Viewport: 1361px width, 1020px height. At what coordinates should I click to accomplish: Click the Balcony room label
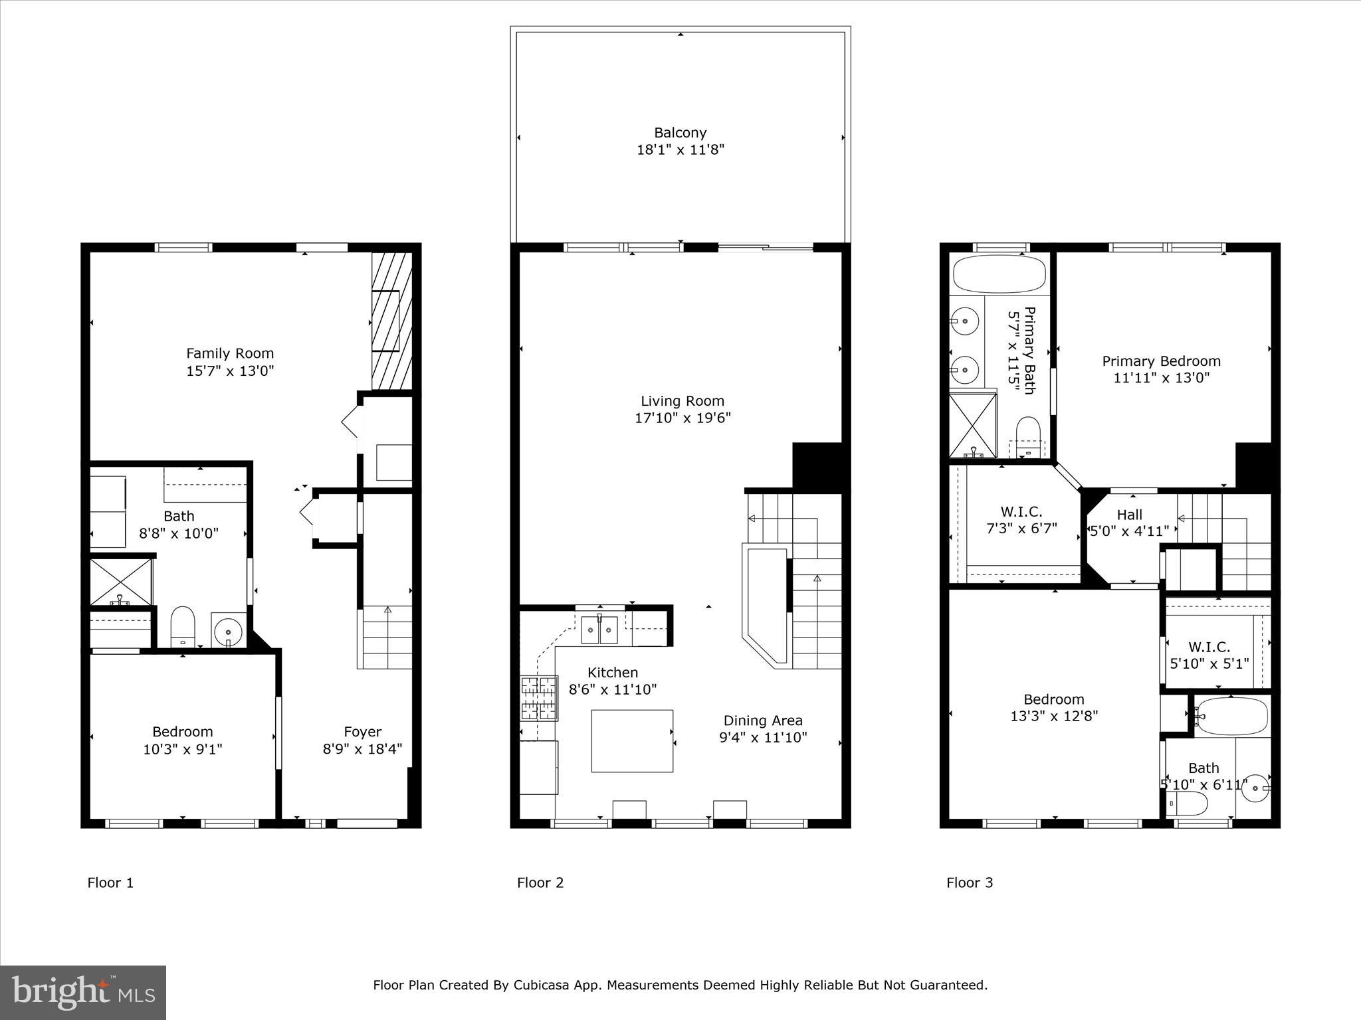tap(680, 133)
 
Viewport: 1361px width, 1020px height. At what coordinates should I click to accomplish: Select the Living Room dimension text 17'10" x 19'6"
tap(682, 418)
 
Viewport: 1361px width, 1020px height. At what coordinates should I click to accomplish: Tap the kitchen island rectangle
tap(632, 740)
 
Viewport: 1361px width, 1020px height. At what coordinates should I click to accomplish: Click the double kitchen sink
tap(599, 630)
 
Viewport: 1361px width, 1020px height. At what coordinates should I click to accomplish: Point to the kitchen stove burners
tap(539, 698)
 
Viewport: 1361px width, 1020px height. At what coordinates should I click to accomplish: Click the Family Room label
tap(230, 353)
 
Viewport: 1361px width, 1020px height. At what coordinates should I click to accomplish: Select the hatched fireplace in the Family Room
tap(391, 321)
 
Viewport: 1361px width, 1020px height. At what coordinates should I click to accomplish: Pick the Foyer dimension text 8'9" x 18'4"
tap(362, 749)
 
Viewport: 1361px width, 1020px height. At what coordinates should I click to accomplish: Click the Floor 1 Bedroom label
tap(183, 732)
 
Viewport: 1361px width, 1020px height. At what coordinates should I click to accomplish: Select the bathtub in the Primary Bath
tap(999, 274)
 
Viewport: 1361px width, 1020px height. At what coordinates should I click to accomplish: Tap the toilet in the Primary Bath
tap(1028, 435)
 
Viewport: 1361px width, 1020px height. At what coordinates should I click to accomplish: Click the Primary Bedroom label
tap(1161, 361)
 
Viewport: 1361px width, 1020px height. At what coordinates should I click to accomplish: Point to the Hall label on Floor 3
tap(1129, 515)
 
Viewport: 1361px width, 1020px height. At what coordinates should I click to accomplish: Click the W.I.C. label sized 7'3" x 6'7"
tap(1021, 512)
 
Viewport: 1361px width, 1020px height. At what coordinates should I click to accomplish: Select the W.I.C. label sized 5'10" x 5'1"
tap(1209, 647)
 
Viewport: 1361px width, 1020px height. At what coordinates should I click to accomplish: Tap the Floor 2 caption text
tap(540, 883)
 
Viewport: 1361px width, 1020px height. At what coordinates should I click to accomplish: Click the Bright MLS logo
tap(82, 992)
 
